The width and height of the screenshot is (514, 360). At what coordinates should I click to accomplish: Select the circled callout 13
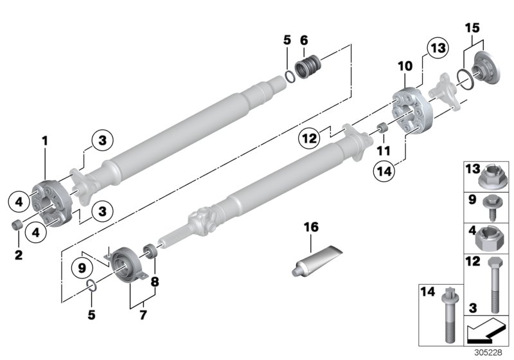tap(438, 49)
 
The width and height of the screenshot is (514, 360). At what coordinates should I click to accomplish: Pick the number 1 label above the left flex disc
tap(45, 139)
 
